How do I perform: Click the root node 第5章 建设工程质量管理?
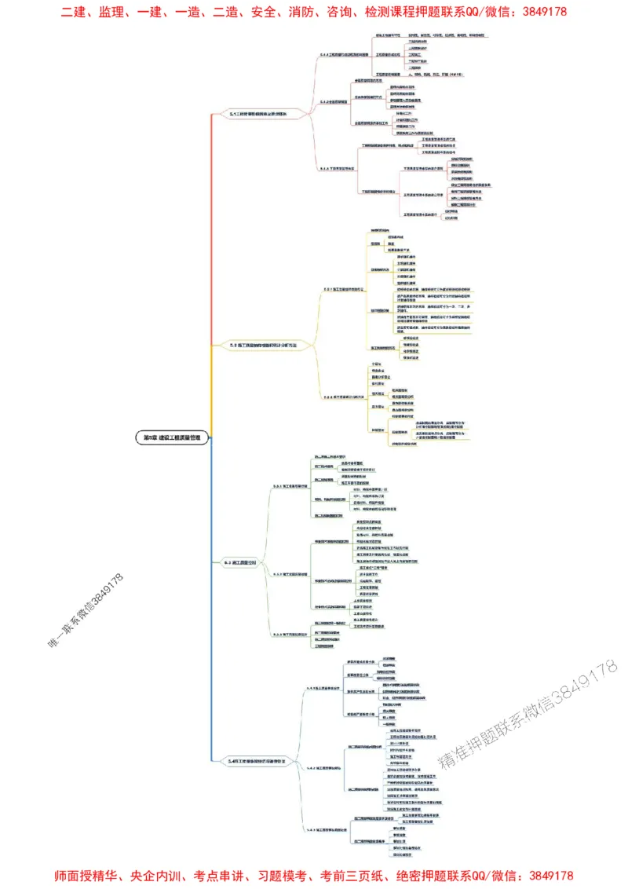coord(173,438)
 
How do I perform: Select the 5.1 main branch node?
coord(258,114)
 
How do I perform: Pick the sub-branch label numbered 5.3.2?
coord(290,574)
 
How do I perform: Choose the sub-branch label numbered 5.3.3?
coord(290,634)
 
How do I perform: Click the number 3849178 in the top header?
coord(542,12)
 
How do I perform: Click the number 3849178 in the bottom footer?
coord(549,876)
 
